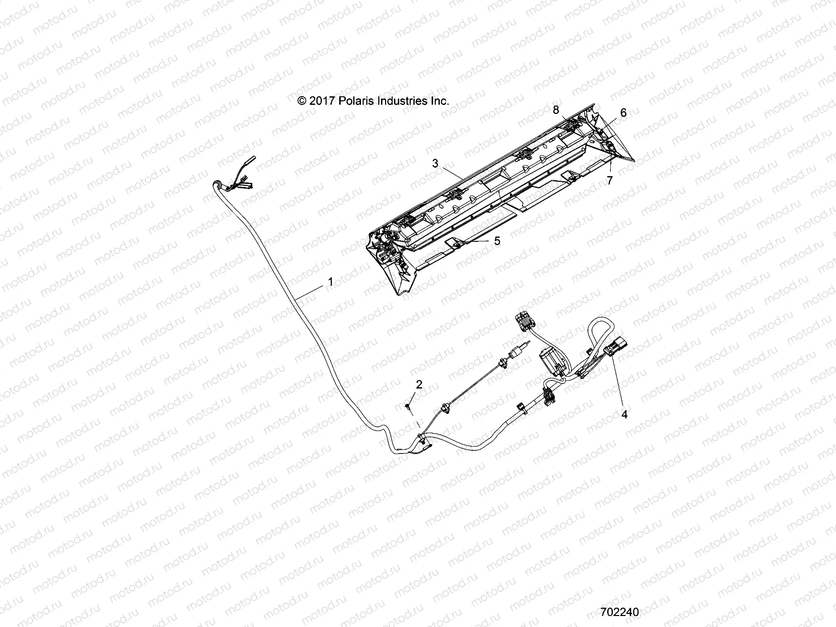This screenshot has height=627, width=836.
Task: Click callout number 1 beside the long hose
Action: click(x=330, y=282)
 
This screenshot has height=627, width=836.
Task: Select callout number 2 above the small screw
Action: click(x=419, y=385)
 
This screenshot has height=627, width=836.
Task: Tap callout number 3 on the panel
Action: click(x=435, y=164)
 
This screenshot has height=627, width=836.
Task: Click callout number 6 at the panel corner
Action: click(x=623, y=112)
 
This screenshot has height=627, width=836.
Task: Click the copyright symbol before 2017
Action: click(x=301, y=101)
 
